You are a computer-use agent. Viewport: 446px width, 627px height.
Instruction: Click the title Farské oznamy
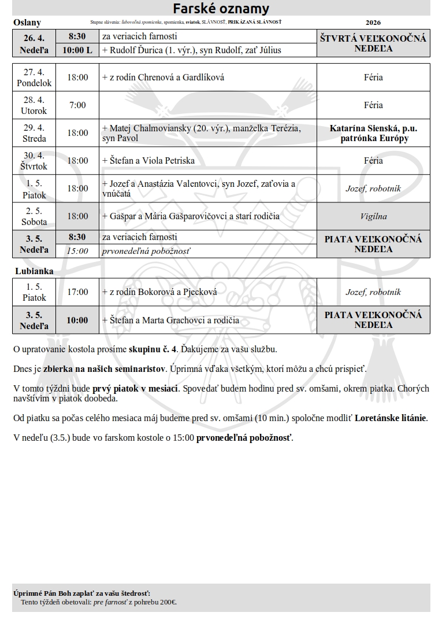click(222, 9)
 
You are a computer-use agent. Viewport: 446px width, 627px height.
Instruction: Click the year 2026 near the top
click(373, 23)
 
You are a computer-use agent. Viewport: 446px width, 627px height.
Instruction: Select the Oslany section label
click(27, 23)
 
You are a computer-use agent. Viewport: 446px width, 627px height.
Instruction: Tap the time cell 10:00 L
click(77, 50)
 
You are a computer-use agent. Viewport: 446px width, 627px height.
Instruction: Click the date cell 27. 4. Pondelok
click(34, 78)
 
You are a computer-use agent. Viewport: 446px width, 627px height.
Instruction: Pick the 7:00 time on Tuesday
click(77, 105)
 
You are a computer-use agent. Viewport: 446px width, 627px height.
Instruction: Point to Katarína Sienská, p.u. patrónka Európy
click(373, 133)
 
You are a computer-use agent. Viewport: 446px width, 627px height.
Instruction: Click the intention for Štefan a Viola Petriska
click(148, 161)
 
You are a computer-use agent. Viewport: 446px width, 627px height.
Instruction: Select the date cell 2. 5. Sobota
click(34, 216)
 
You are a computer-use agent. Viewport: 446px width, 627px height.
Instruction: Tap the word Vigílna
click(373, 216)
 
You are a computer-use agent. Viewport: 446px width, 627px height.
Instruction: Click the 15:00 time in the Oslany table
click(77, 251)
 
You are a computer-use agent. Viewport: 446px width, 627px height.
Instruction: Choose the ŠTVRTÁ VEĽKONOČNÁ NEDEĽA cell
click(373, 43)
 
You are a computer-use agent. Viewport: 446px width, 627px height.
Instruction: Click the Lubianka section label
click(34, 271)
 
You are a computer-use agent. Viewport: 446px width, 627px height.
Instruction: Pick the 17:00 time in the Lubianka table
click(77, 292)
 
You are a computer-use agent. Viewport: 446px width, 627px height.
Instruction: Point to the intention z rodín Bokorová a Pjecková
click(159, 292)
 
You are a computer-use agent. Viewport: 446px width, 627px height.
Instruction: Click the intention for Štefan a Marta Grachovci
click(170, 320)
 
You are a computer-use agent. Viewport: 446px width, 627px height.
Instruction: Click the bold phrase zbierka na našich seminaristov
click(105, 368)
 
